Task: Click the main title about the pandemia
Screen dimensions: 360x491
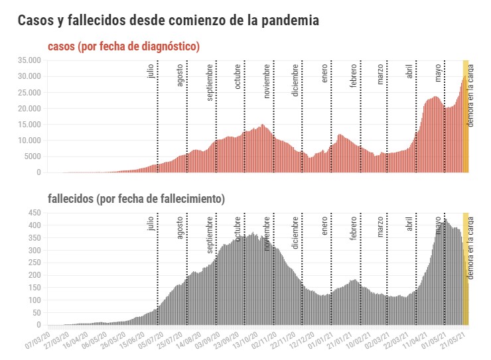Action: [x=169, y=21]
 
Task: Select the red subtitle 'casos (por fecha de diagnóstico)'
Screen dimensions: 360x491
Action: [x=124, y=46]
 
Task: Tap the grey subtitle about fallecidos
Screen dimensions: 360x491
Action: [x=136, y=199]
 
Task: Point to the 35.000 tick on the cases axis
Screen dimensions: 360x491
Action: [x=30, y=60]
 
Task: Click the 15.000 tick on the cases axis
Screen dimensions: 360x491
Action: [x=30, y=125]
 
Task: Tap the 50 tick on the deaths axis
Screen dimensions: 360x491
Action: [x=37, y=313]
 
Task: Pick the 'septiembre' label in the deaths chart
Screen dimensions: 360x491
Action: [x=210, y=235]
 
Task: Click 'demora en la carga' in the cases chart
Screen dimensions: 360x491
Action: [x=470, y=99]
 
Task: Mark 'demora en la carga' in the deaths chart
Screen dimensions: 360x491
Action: [x=470, y=252]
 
